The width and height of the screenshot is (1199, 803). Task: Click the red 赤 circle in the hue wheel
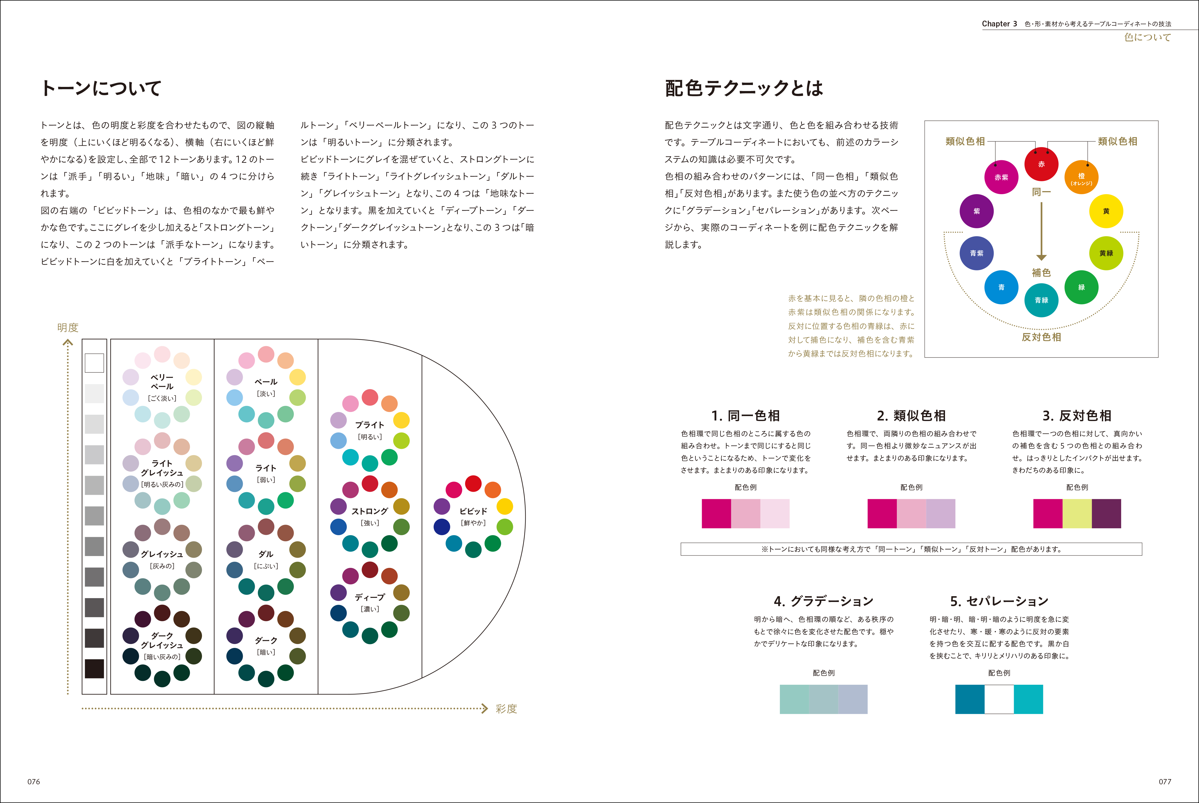[x=1041, y=164]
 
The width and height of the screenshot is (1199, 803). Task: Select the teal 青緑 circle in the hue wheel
[x=1041, y=300]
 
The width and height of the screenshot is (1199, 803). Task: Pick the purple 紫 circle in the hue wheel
[x=977, y=211]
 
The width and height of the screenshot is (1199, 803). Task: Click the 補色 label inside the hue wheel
[x=1041, y=273]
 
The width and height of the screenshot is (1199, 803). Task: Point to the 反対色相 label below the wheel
[x=1041, y=337]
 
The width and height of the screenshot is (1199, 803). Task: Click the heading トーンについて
[x=102, y=88]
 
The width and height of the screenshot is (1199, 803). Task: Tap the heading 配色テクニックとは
[x=744, y=88]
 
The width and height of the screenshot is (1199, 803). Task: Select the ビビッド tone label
[x=473, y=511]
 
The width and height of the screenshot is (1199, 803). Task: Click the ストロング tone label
[x=369, y=511]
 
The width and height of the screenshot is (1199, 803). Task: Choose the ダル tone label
[x=266, y=554]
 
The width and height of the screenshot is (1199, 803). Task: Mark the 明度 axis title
[x=68, y=327]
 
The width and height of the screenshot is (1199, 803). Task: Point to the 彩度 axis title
[x=506, y=709]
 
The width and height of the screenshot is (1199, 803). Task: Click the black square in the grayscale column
[x=94, y=668]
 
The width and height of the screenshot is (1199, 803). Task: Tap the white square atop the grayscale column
[x=94, y=363]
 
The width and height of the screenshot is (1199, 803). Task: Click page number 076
[x=34, y=782]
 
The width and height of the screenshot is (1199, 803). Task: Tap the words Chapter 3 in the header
[x=999, y=24]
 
